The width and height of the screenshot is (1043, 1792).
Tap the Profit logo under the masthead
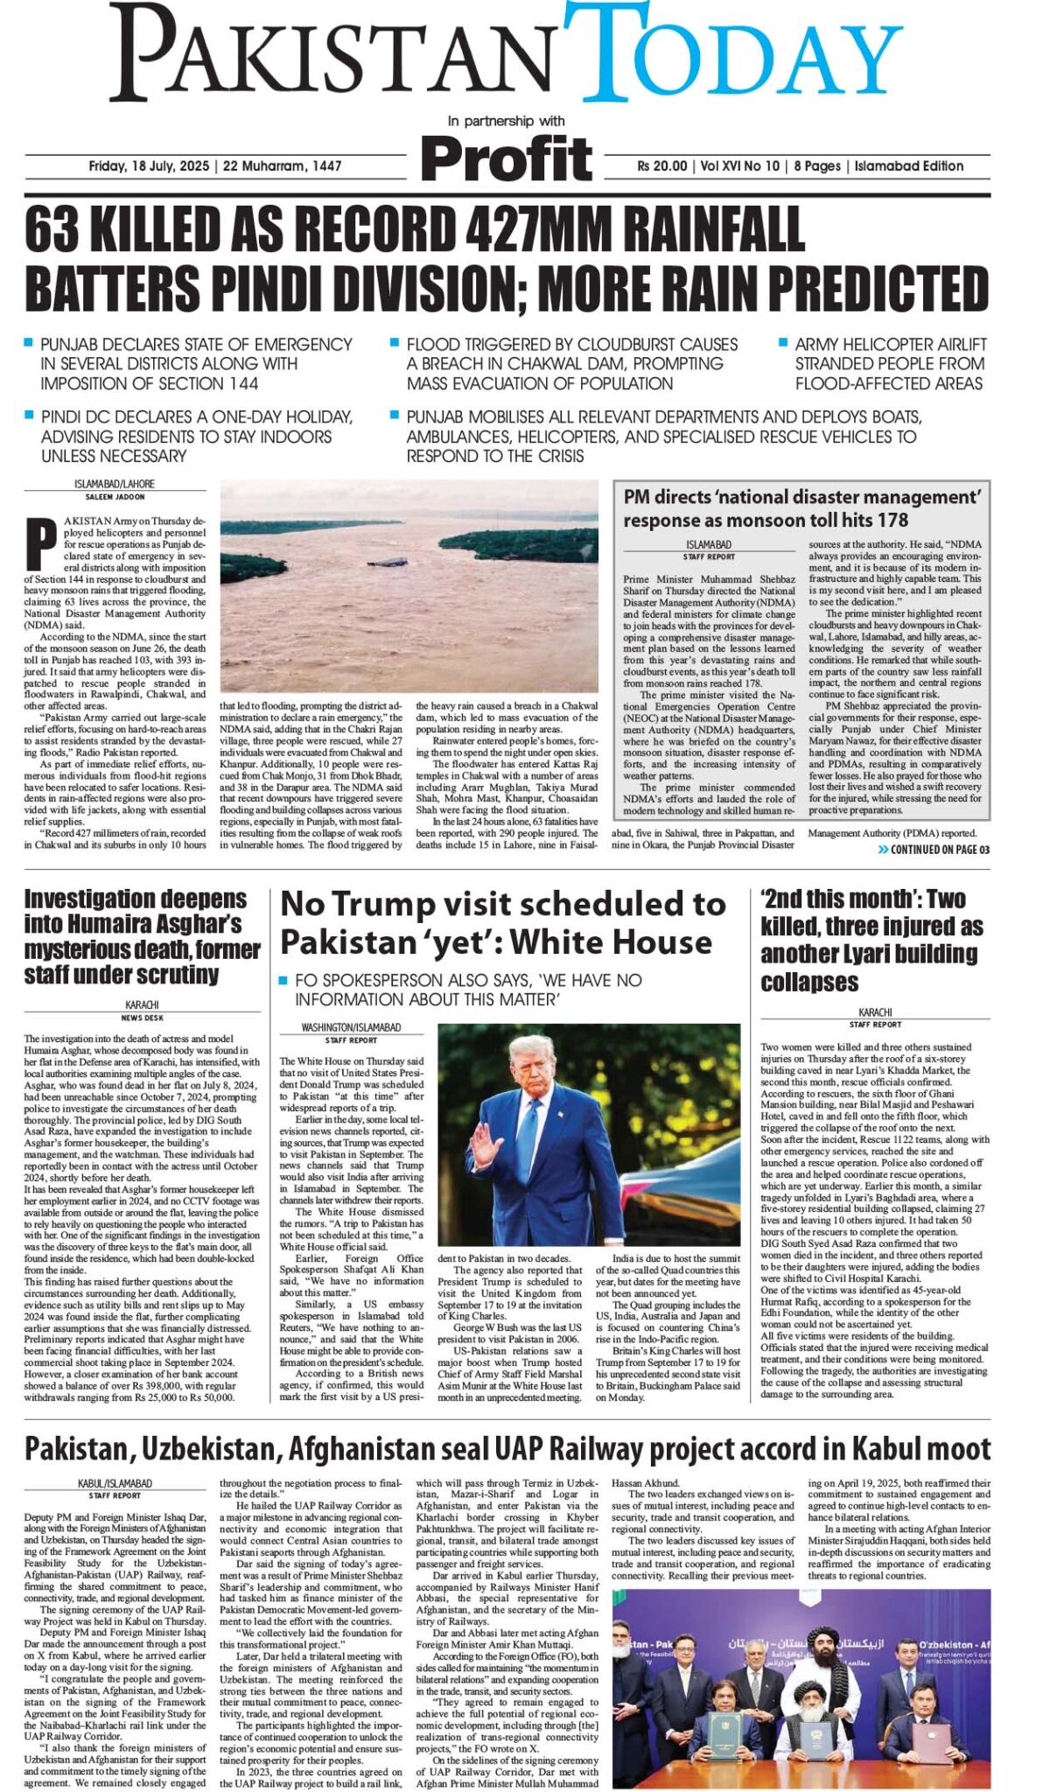coord(507,159)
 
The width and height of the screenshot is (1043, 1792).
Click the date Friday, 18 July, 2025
coord(149,166)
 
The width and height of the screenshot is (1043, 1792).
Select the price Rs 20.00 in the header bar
coord(662,166)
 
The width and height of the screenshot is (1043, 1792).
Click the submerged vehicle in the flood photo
coord(392,562)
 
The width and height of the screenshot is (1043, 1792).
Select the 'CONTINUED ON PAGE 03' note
coord(934,850)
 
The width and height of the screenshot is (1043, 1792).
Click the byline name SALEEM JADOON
coord(115,497)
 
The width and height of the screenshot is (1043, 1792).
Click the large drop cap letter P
coord(41,543)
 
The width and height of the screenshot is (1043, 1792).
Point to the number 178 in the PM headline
coord(892,520)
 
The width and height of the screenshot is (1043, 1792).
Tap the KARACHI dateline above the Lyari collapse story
coord(874,1012)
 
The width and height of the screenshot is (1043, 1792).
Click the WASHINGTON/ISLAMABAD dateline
coord(351,1027)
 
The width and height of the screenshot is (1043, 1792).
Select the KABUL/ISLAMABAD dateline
coord(115,1484)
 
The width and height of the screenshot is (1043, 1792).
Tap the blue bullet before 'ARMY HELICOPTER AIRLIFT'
coord(783,343)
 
